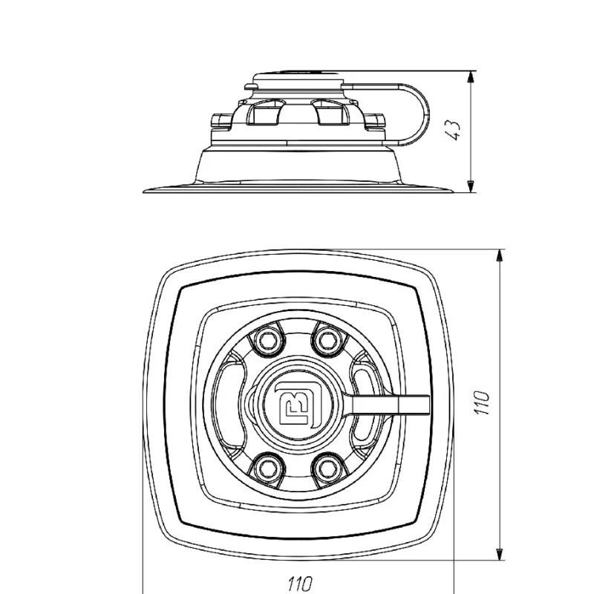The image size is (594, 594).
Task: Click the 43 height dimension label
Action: click(x=453, y=130)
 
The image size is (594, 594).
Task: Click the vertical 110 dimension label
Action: click(x=482, y=402)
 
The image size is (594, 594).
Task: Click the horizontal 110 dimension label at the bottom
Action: click(x=301, y=584)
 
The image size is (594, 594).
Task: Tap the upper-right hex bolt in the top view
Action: click(x=326, y=340)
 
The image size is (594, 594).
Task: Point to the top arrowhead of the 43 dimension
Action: click(x=470, y=77)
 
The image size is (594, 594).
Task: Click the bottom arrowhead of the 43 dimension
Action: click(x=470, y=186)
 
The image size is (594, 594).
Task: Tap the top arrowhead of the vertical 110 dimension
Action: click(x=500, y=256)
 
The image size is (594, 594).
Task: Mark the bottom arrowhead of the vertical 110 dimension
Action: click(x=500, y=554)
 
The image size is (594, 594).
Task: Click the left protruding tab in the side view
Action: click(x=221, y=121)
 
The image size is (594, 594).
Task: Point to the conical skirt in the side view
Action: click(x=298, y=166)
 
